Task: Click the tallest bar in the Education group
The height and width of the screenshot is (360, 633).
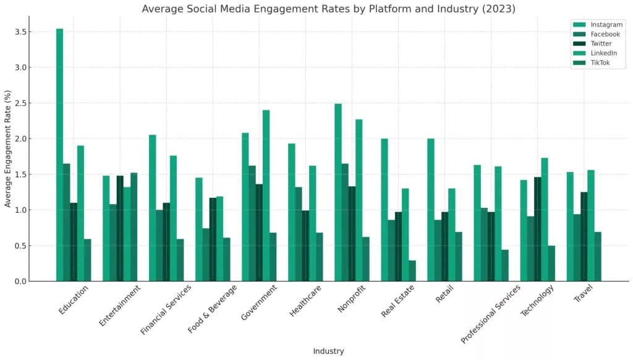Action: [x=60, y=155]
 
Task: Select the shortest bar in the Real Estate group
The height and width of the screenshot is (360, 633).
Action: [x=412, y=271]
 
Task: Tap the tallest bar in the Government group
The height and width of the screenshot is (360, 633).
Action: [x=266, y=195]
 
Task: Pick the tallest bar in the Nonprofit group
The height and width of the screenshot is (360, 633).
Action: [x=338, y=192]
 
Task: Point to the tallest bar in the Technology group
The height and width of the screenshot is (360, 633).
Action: [x=545, y=220]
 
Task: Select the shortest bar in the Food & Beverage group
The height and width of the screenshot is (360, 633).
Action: [x=227, y=259]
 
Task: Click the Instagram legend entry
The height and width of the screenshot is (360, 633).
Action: [x=598, y=25]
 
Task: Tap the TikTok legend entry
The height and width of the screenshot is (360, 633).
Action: [x=592, y=62]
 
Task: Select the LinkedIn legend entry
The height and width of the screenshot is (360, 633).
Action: [x=595, y=53]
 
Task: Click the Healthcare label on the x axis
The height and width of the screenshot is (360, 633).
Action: [x=305, y=301]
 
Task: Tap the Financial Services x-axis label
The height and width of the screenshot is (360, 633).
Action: [x=166, y=309]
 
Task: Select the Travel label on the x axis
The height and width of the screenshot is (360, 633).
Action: [x=584, y=293]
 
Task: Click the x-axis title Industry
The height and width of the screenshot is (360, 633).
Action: [x=329, y=351]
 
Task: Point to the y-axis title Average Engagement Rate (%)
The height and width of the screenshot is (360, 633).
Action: [x=7, y=148]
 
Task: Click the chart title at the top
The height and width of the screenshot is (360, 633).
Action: [x=329, y=9]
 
